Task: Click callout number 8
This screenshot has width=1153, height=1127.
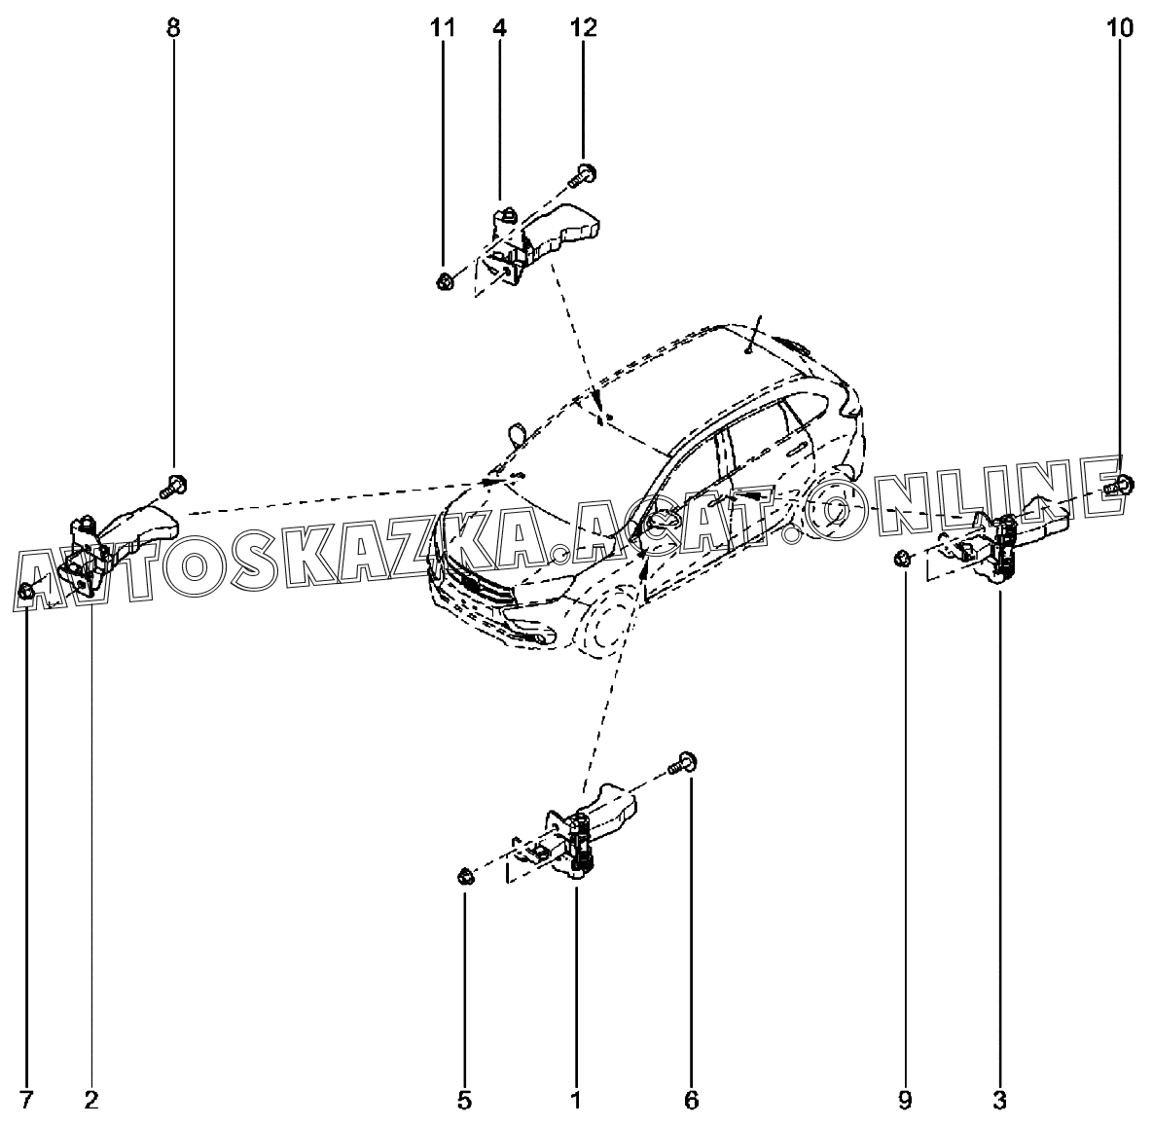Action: pos(173,27)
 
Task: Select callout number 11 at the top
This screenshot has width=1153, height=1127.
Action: pos(443,27)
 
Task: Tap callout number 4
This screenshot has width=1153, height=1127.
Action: pos(499,27)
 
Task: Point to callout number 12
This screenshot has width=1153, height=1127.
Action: pos(584,27)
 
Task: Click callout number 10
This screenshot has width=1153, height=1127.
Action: pos(1120,27)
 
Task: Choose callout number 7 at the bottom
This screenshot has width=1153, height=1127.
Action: pos(26,1101)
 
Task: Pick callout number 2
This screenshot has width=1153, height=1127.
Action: pos(91,1101)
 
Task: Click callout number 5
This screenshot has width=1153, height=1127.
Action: pos(464,1101)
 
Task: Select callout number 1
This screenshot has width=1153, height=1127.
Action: pos(575,1101)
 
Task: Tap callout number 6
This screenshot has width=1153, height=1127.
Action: pos(691,1101)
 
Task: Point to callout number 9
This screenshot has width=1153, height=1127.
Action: pos(905,1101)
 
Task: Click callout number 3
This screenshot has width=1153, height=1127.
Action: pos(999,1101)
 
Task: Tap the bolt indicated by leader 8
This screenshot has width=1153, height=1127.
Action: pos(175,483)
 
